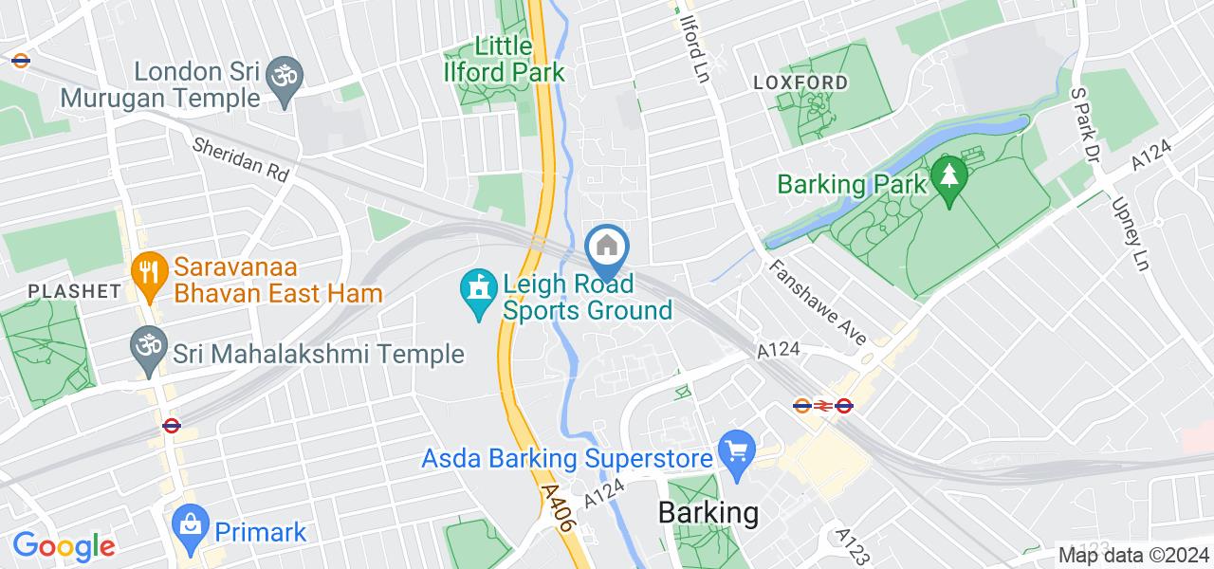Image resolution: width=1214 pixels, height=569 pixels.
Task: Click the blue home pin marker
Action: click(x=607, y=248)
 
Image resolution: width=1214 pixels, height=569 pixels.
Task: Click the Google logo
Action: click(x=63, y=546)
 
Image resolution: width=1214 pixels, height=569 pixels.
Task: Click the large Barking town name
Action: click(x=708, y=513)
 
